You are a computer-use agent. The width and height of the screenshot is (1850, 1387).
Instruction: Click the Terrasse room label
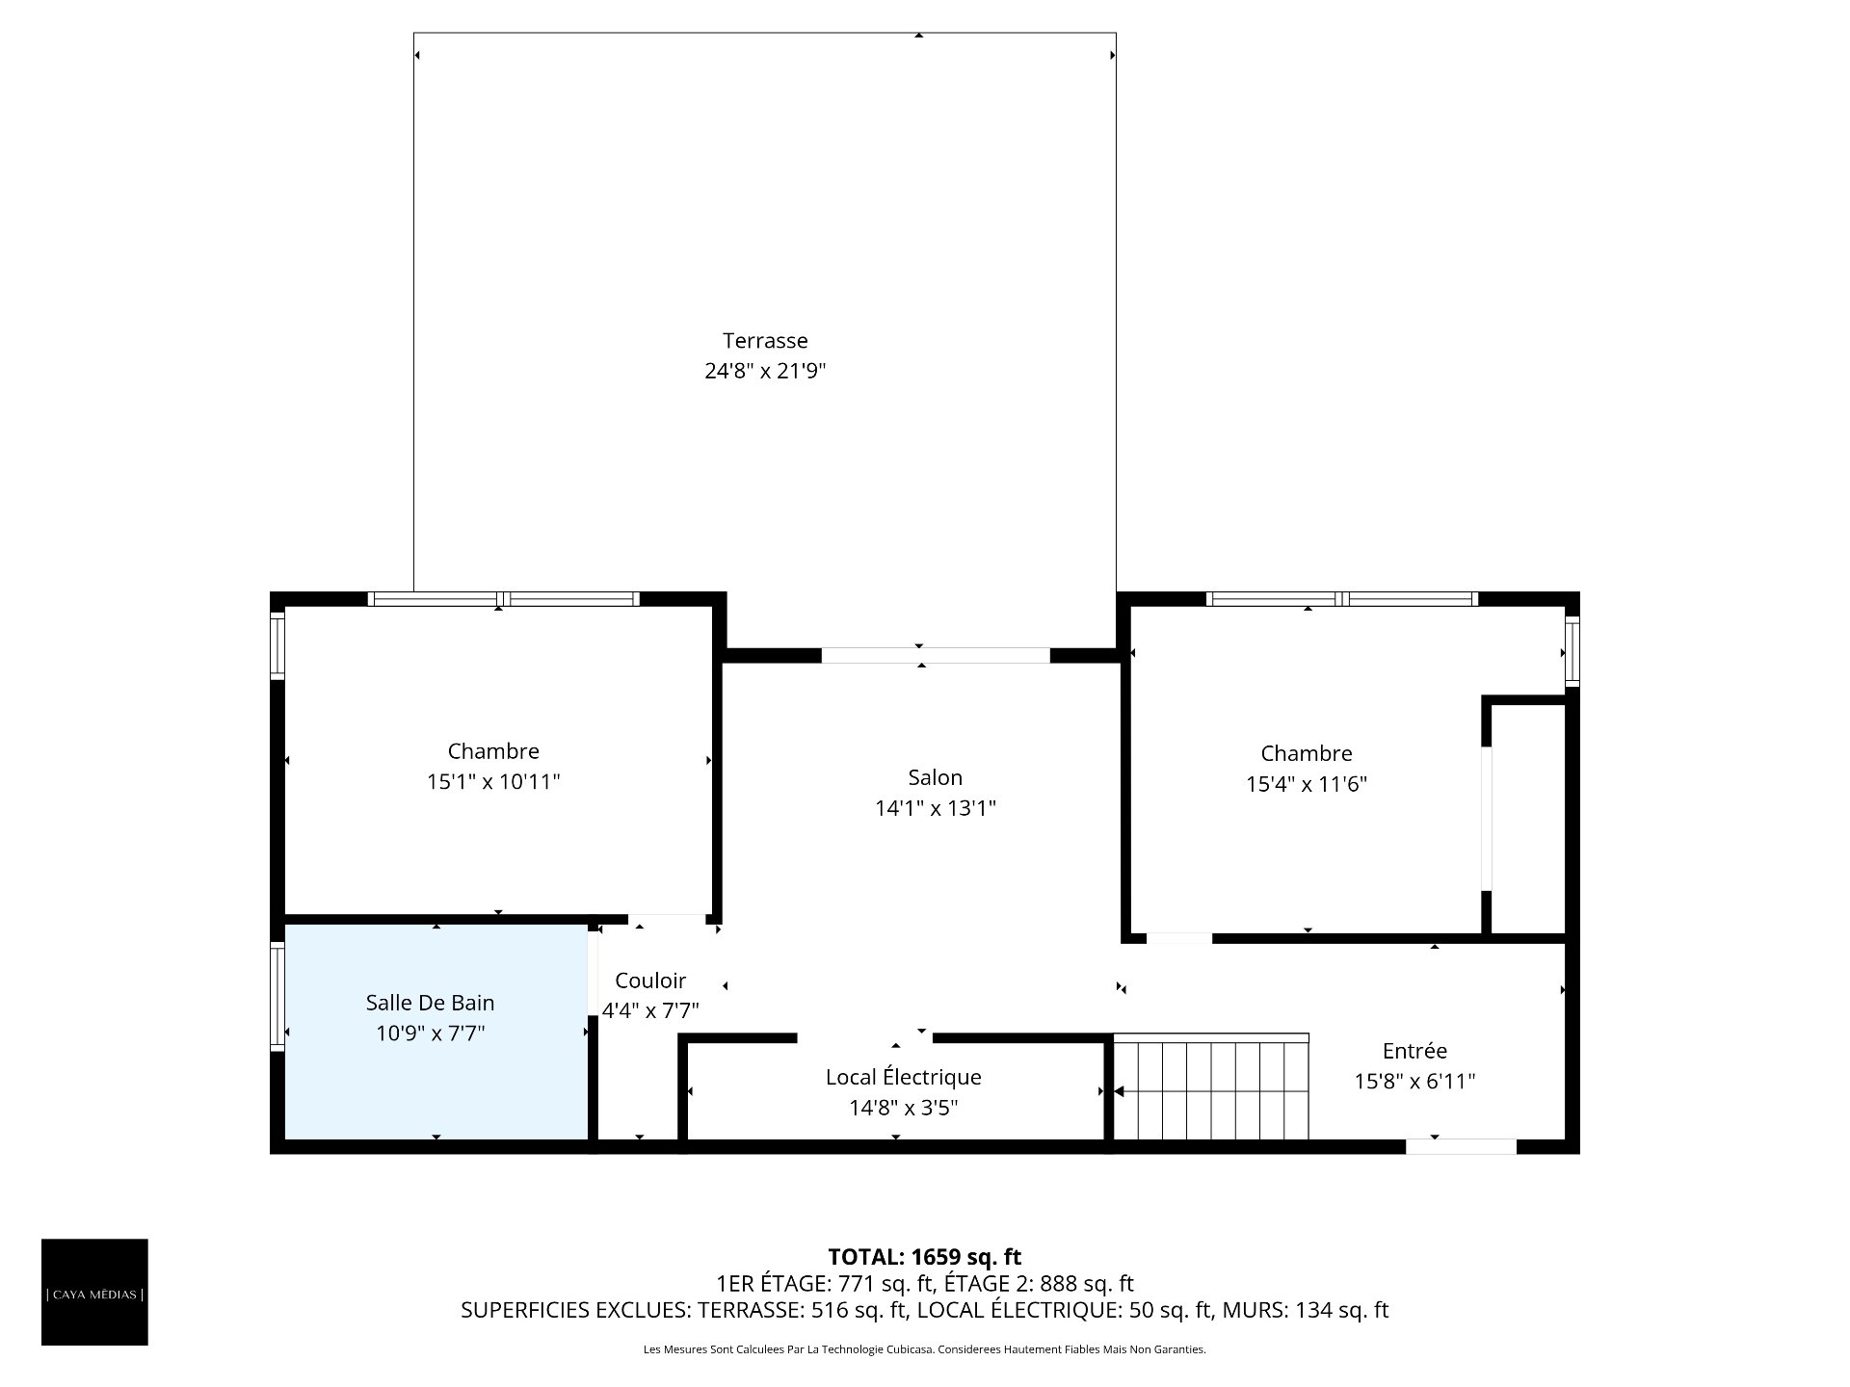(765, 340)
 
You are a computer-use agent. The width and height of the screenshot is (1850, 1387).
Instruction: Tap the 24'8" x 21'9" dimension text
(765, 371)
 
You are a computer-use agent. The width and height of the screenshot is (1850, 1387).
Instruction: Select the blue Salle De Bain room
(436, 1032)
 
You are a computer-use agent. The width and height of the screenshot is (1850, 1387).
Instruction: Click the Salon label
(935, 777)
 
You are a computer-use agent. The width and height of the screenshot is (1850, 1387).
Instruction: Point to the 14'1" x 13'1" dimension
(935, 808)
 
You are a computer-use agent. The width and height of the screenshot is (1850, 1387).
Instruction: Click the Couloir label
(650, 981)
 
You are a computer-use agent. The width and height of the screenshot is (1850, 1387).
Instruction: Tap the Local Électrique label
(903, 1077)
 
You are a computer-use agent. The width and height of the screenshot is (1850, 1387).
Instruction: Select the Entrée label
(1414, 1051)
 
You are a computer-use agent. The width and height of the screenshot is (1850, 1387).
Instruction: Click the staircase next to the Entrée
(1211, 1087)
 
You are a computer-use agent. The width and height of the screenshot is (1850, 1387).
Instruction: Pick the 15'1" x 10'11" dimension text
(493, 781)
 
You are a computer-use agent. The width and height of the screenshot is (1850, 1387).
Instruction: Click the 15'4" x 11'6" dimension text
(1307, 784)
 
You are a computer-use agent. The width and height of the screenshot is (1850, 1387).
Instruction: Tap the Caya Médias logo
(94, 1292)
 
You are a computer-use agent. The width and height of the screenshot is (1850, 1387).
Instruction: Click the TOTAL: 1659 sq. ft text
(925, 1257)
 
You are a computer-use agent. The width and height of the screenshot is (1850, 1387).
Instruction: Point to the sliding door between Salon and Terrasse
(935, 655)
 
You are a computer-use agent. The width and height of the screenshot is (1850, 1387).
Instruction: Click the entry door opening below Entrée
(1461, 1146)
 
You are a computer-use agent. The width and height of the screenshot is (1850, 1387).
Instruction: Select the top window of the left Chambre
(503, 599)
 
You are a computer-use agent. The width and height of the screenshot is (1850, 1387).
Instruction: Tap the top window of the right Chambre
(1341, 599)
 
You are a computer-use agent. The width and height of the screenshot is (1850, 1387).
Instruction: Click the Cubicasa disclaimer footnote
(925, 1349)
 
